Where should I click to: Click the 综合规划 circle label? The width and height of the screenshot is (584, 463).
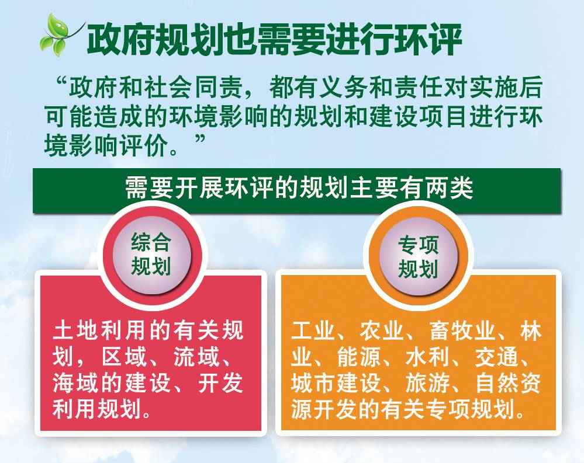pos(151,255)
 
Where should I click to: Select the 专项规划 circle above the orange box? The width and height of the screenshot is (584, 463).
pos(418,256)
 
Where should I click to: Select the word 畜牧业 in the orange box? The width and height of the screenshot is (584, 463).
pos(462,330)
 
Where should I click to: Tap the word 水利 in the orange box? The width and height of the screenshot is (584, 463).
pos(427,356)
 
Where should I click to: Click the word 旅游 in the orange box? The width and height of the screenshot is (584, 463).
pos(427,382)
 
